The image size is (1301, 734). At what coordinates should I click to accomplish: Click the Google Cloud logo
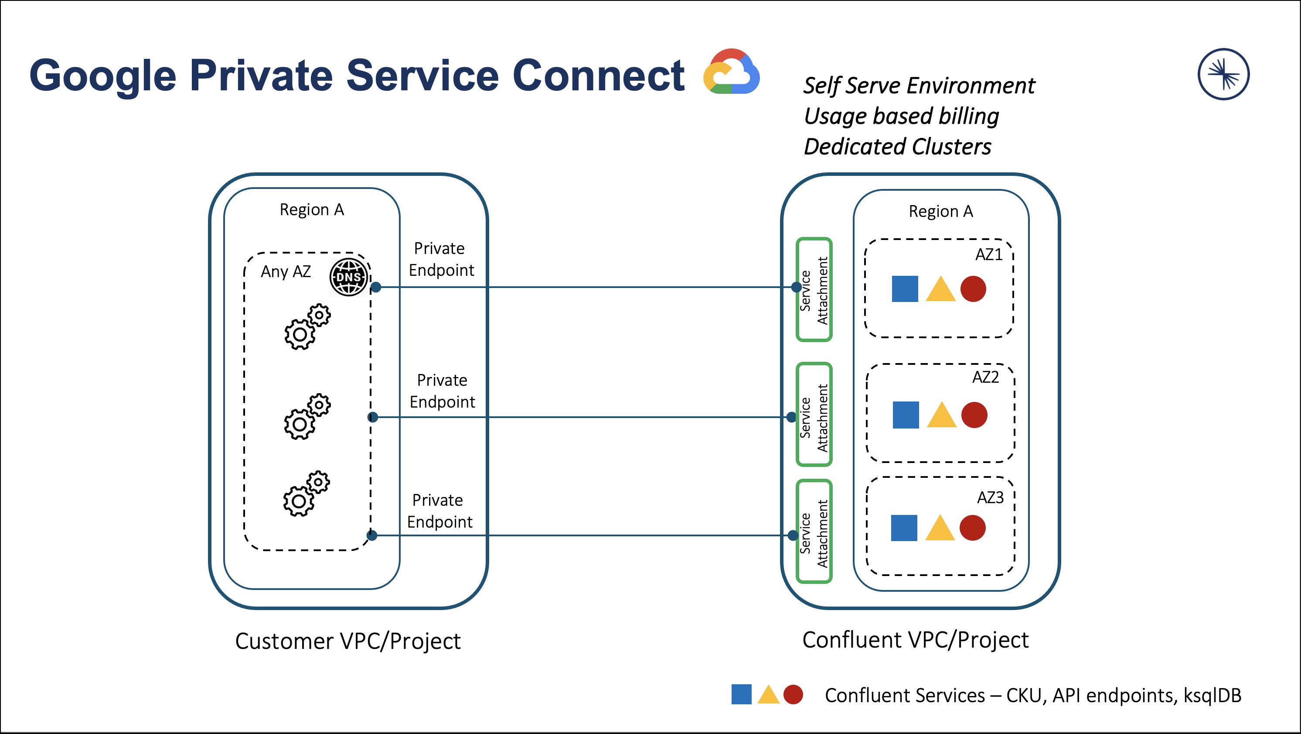(731, 72)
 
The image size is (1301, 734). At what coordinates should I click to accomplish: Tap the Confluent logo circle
(1223, 74)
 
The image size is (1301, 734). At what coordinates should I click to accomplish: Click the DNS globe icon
(348, 277)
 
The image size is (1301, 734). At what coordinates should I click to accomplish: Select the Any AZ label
(286, 272)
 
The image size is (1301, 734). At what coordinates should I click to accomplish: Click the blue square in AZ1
(905, 288)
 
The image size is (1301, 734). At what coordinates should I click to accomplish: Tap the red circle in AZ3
(972, 528)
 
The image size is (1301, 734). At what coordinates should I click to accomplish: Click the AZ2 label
(985, 377)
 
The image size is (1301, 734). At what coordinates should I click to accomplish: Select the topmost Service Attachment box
(814, 290)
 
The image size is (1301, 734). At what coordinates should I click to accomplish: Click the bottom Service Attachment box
(814, 531)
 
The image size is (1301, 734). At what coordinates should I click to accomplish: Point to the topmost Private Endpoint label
(441, 259)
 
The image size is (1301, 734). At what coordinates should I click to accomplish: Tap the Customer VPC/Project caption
(347, 641)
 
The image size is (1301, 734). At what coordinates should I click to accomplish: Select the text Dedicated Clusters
(897, 147)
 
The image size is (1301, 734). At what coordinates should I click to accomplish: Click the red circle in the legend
(793, 695)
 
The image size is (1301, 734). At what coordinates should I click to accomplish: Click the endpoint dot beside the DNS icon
(376, 288)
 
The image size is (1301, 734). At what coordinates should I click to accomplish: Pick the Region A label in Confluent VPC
(940, 211)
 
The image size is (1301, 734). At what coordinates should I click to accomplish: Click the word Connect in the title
(598, 76)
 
